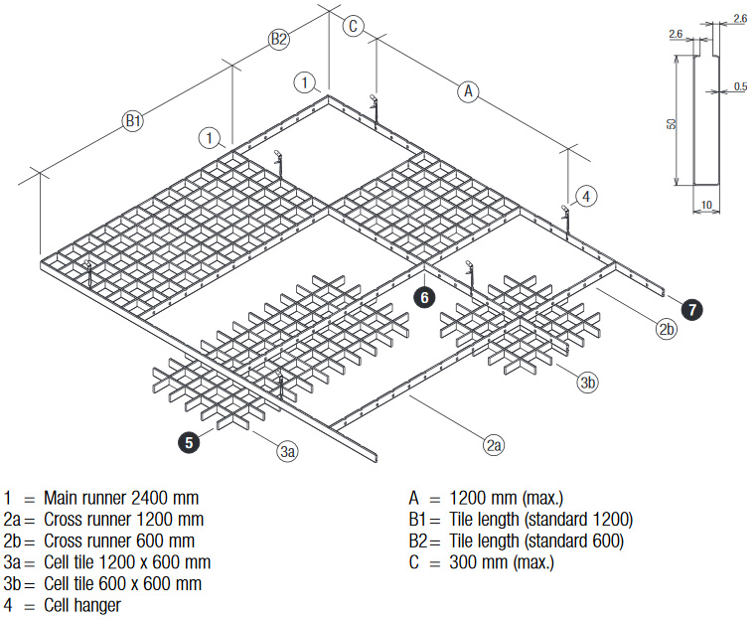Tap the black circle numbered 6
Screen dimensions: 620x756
click(x=424, y=296)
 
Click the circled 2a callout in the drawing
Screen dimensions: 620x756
click(x=494, y=446)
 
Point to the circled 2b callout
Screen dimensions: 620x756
click(x=666, y=328)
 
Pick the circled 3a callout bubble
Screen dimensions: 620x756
click(x=286, y=452)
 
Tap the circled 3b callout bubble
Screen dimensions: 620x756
click(x=588, y=382)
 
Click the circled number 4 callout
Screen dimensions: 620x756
click(x=586, y=197)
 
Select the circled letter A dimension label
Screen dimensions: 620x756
click(x=468, y=91)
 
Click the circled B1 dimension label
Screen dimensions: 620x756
click(x=133, y=122)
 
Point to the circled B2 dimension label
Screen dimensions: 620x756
click(x=279, y=40)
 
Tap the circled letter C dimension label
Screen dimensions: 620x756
click(x=353, y=26)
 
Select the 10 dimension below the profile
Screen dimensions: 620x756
click(x=704, y=205)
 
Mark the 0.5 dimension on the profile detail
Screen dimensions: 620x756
click(x=739, y=87)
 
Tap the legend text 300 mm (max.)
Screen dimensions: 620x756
click(x=503, y=562)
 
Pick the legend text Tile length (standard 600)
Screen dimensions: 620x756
click(x=536, y=541)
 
